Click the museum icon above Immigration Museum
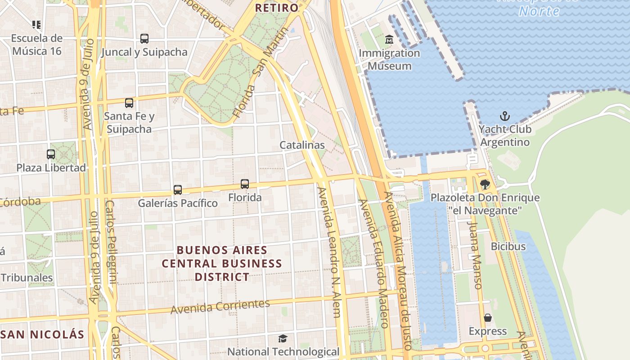click(389, 40)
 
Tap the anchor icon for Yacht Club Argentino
click(505, 117)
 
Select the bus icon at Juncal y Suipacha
click(144, 39)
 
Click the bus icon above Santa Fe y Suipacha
click(129, 103)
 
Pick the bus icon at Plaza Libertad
click(51, 154)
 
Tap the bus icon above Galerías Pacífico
click(178, 190)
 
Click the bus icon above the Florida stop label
click(245, 184)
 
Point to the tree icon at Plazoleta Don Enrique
click(485, 184)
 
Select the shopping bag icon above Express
click(488, 318)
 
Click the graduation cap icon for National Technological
click(283, 338)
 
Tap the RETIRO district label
click(277, 8)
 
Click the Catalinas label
click(302, 145)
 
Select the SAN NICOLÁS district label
click(43, 334)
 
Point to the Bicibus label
click(508, 247)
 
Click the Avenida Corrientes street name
click(220, 306)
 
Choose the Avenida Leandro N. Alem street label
click(329, 252)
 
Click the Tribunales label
click(27, 278)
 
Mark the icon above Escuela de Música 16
click(36, 24)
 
